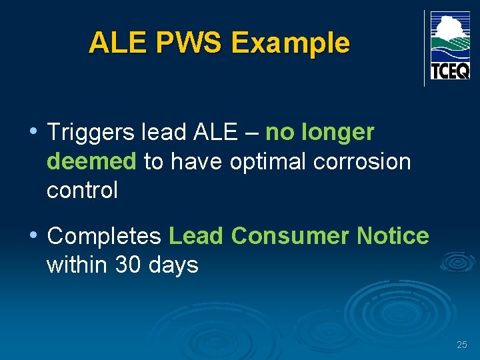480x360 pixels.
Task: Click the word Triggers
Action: coord(91,133)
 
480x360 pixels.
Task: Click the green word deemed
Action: coord(91,161)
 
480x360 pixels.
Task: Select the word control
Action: coord(82,190)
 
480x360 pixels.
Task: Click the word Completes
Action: coord(105,236)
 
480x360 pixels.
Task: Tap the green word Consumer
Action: coord(290,236)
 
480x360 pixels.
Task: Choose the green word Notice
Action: coord(393,236)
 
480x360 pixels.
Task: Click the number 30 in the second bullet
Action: coord(129,265)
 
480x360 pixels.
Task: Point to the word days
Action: coord(175,265)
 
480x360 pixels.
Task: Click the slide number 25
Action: coord(462,345)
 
